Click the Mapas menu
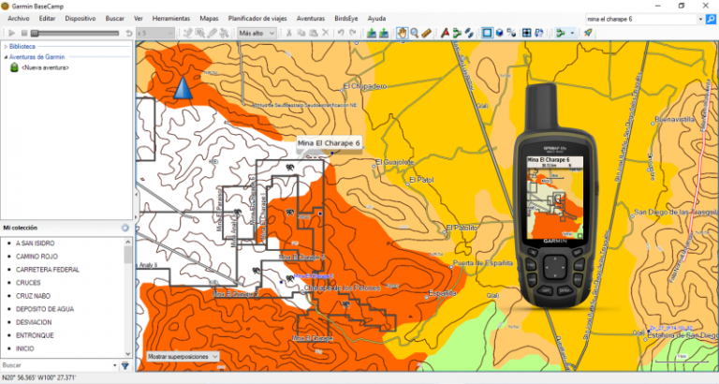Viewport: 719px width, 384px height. tap(209, 18)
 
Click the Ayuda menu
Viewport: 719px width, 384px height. tap(376, 18)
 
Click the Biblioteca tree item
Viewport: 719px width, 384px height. tap(23, 45)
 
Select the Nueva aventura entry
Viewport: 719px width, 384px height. tap(44, 67)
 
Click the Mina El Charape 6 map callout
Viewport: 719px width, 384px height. tap(328, 143)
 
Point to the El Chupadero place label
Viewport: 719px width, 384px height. tap(364, 85)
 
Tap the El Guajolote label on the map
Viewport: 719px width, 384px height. tap(393, 161)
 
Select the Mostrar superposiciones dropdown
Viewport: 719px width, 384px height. tap(183, 356)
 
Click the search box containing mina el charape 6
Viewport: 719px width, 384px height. tap(638, 18)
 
